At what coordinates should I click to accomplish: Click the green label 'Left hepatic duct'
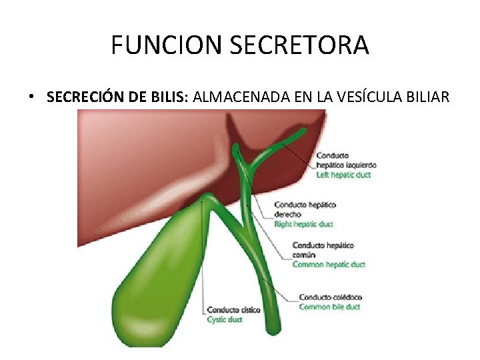pos(343,175)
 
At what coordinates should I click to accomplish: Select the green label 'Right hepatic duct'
pos(303,224)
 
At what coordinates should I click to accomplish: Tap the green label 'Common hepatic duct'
pos(329,265)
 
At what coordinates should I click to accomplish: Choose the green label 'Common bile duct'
pos(329,307)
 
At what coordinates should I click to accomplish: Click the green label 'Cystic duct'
pos(225,319)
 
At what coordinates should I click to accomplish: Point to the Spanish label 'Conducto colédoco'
pos(330,297)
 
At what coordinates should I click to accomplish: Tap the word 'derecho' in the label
pos(287,215)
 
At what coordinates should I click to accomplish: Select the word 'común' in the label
pos(304,255)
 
